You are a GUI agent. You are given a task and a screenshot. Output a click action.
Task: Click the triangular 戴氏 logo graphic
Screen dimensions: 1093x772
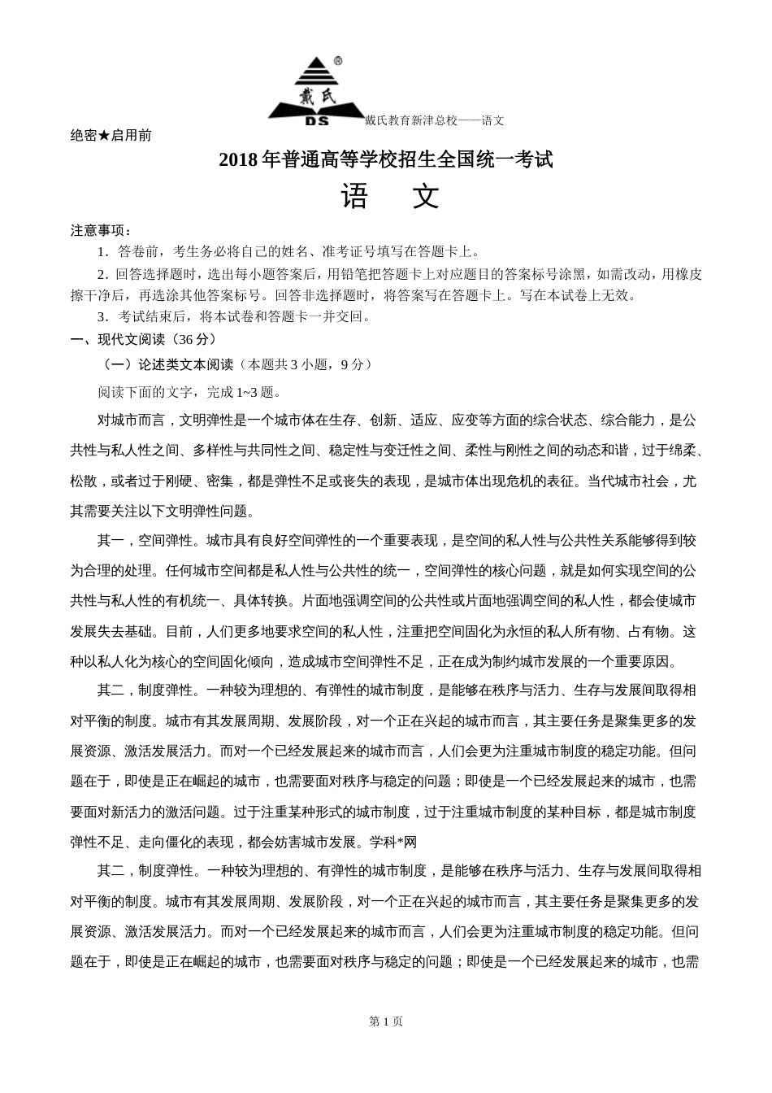[x=316, y=89]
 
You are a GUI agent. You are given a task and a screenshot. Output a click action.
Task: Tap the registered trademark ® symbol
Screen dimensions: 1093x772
[x=338, y=61]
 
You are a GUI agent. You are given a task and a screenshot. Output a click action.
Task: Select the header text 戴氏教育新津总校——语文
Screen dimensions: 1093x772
[x=434, y=120]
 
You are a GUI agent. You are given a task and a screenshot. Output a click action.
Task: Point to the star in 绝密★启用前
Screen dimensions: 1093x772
[x=104, y=136]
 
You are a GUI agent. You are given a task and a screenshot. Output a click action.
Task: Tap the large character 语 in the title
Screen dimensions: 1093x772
[x=355, y=197]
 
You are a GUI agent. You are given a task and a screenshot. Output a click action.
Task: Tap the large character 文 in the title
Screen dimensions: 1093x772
[x=425, y=197]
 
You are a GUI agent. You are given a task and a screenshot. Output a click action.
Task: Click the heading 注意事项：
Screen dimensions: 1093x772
[x=102, y=231]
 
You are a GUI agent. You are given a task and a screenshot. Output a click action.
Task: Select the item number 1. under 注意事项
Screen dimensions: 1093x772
[x=102, y=252]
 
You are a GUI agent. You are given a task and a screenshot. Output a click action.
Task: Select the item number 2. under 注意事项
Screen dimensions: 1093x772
[x=102, y=274]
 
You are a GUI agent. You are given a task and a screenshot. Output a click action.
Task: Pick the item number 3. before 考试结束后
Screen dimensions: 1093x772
[x=102, y=317]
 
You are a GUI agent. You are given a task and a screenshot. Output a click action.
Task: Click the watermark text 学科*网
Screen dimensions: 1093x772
[x=393, y=843]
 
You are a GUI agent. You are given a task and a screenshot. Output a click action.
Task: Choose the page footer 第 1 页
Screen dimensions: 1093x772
[x=386, y=1021]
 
